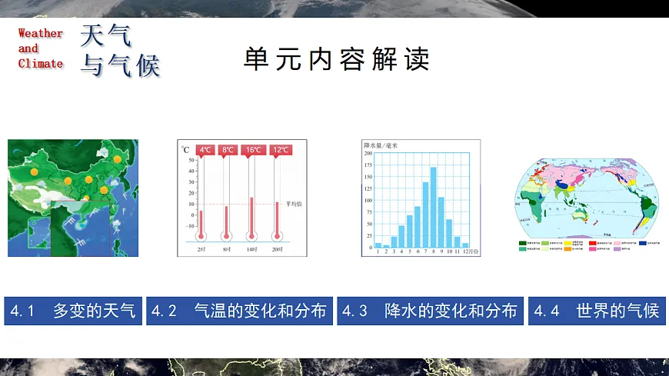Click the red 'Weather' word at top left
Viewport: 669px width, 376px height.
[x=40, y=33]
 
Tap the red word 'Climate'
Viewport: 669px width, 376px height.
[x=40, y=64]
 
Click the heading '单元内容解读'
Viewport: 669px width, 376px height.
[x=336, y=59]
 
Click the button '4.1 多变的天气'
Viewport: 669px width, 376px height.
[x=73, y=311]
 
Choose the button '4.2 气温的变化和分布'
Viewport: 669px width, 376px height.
[x=239, y=311]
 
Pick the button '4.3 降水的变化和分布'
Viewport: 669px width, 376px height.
[x=430, y=311]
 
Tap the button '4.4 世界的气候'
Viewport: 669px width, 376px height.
[x=597, y=311]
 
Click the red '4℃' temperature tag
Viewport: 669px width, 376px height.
[x=205, y=150]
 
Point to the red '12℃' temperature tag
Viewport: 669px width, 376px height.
[x=280, y=150]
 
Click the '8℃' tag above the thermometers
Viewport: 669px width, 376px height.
[x=228, y=150]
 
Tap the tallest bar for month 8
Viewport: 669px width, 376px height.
[x=433, y=207]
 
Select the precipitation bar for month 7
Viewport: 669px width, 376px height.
[x=425, y=215]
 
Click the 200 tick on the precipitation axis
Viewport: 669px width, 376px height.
[x=368, y=153]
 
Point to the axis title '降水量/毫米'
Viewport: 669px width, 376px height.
[x=381, y=145]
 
